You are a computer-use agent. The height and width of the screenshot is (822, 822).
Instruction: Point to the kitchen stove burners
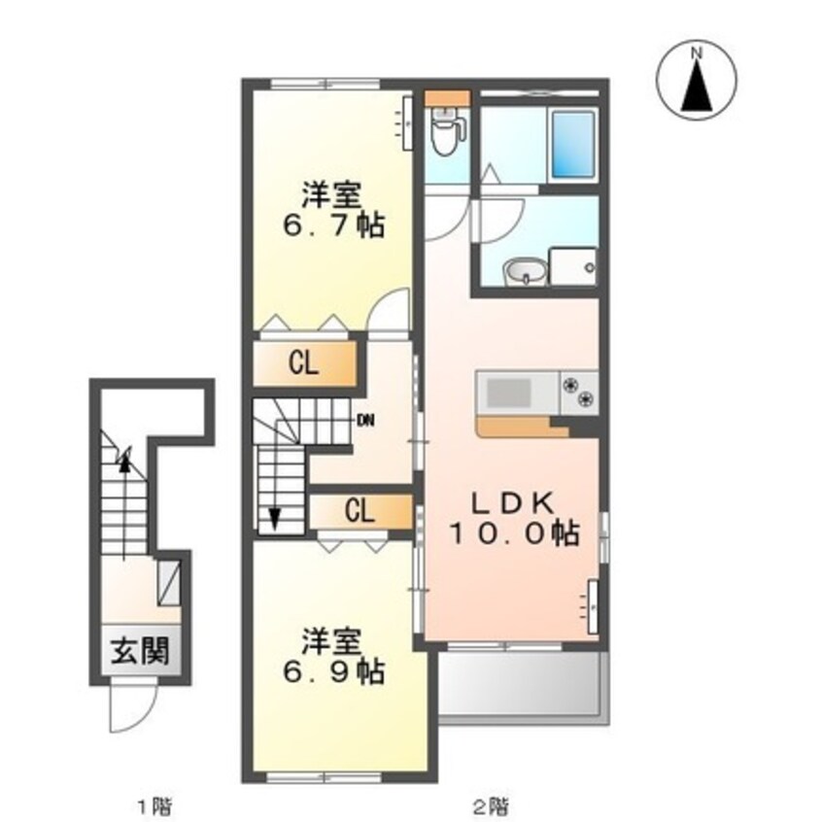pos(581,391)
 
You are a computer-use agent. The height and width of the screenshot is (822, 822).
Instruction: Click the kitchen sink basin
pos(507,393)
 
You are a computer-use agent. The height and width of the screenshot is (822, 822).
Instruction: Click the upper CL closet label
pos(304,363)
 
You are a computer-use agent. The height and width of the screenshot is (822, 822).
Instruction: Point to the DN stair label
pos(365,421)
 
